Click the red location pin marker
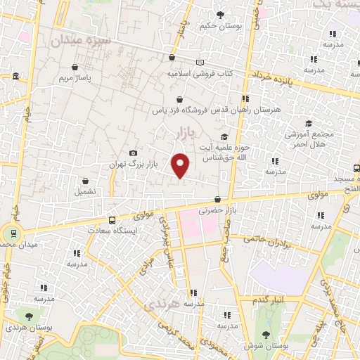(181, 165)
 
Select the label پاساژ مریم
(57, 78)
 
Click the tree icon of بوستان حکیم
(220, 14)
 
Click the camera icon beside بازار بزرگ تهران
(134, 153)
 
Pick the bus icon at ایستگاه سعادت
(112, 220)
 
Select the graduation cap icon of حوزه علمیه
(224, 137)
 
